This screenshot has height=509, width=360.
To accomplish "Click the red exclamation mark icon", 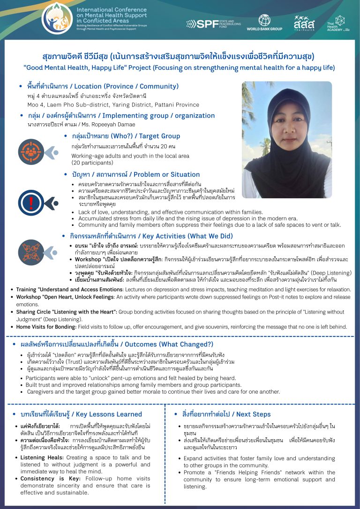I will tap(31, 202).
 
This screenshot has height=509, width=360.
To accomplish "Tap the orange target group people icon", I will tap(31, 151).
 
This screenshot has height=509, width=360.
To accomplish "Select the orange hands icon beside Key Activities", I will tap(31, 249).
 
